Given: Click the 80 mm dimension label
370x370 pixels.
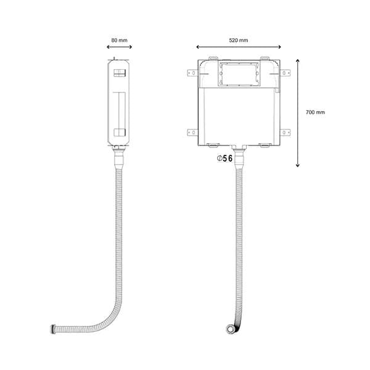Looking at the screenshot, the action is coord(120,40).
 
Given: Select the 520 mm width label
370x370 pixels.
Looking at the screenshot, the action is coord(239,40).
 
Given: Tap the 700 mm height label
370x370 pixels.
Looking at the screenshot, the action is coord(315,112).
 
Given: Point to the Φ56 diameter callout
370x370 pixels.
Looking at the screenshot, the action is coord(225,158).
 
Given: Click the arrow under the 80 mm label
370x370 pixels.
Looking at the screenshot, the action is coord(120,47).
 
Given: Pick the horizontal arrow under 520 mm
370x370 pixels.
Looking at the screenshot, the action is coord(239,47).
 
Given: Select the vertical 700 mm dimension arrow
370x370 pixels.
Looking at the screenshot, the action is coord(298,113).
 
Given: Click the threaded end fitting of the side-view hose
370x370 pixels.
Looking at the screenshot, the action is coord(53,329).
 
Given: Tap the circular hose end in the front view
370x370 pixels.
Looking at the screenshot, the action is coord(230,329).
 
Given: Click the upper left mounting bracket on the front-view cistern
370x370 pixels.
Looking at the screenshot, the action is coord(192,73).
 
